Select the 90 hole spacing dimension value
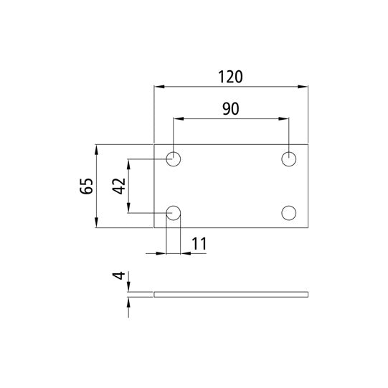230,109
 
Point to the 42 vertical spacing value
119,185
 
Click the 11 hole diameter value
199,243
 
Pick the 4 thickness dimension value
119,275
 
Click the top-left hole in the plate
174,158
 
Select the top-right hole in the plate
289,158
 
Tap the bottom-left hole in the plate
174,212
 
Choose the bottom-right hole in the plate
289,212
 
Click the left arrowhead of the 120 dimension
159,87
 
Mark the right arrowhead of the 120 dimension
303,87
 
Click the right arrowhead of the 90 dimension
285,118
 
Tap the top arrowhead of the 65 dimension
97,149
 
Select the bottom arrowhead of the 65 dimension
97,223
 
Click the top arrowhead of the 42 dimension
129,163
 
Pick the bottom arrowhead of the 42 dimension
129,208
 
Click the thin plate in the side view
231,293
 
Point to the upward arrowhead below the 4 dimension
129,301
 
